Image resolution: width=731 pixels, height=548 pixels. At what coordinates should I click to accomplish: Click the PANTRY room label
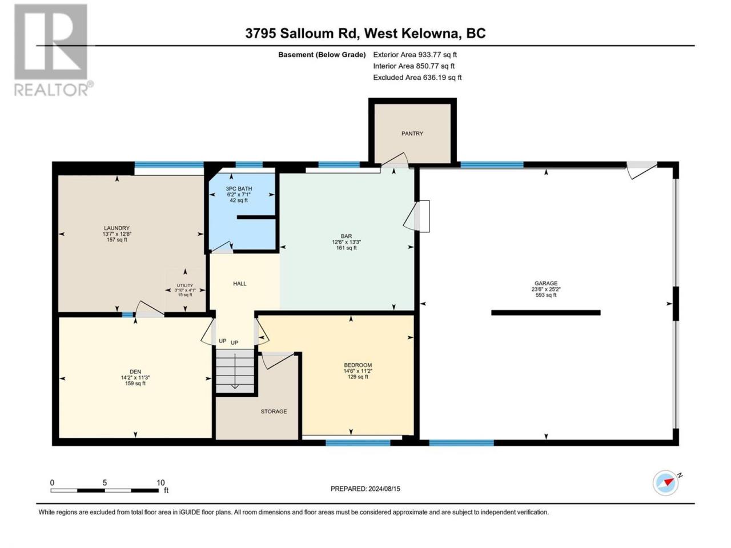click(x=412, y=134)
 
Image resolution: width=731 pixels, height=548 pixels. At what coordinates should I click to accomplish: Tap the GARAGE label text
click(x=546, y=284)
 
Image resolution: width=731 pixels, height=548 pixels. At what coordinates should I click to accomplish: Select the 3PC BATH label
click(x=239, y=188)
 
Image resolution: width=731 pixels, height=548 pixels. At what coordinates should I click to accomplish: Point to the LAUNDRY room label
click(x=117, y=228)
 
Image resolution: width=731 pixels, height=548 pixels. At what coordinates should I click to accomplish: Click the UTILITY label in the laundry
click(x=185, y=285)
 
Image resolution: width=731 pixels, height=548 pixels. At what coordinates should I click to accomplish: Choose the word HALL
click(x=240, y=284)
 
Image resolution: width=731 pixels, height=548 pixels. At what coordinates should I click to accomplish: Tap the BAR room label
click(x=346, y=236)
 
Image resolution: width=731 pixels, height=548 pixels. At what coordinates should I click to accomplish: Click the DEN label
click(x=135, y=372)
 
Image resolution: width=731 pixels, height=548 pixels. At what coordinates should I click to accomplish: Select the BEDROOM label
click(x=358, y=365)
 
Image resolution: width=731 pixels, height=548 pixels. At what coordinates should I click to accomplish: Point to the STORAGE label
click(x=274, y=412)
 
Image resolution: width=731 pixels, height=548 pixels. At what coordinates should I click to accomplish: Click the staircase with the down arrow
click(x=235, y=371)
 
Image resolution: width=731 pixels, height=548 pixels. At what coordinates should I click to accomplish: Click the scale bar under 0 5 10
click(x=105, y=490)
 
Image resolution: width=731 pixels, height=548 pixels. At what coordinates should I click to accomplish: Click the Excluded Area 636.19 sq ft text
click(x=417, y=78)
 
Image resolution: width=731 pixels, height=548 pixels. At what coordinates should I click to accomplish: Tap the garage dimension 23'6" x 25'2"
click(x=546, y=289)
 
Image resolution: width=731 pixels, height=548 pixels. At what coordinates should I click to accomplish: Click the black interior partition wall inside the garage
click(x=546, y=312)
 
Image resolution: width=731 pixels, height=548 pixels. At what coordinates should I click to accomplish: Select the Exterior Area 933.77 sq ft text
click(x=415, y=55)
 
